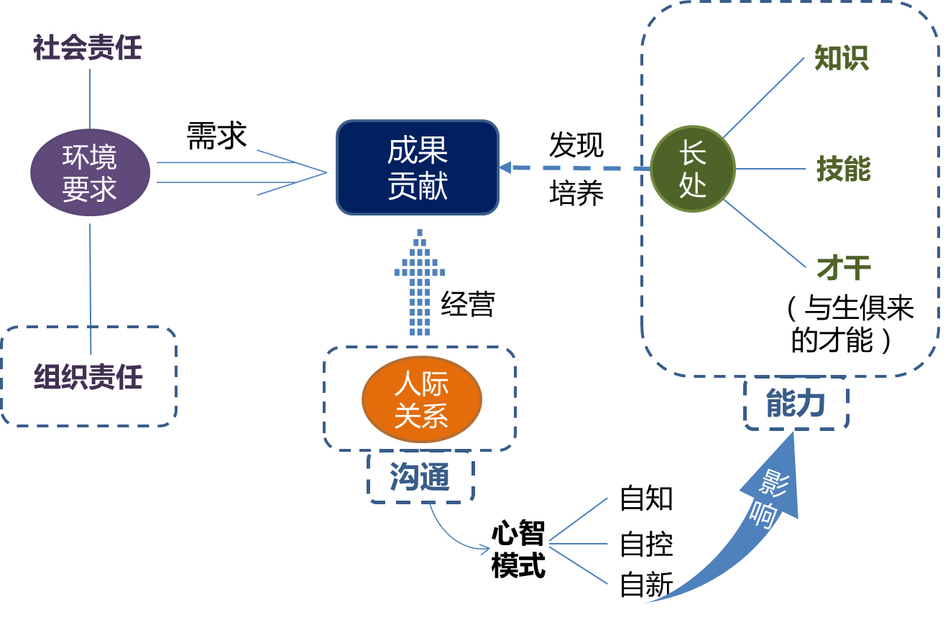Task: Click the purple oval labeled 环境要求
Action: tap(90, 172)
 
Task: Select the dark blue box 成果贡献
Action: tap(418, 167)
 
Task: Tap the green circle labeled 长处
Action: tap(693, 169)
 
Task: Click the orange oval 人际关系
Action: tap(422, 399)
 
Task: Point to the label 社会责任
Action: tap(88, 47)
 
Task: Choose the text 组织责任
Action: tap(88, 377)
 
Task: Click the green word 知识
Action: tap(842, 57)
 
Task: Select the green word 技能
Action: tap(844, 168)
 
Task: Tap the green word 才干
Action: tap(844, 268)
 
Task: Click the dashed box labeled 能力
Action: tap(796, 403)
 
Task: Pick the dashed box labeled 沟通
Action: tap(420, 477)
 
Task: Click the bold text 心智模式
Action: tap(518, 549)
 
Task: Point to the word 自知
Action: tap(646, 498)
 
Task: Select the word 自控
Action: tap(646, 544)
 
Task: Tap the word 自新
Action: tap(646, 585)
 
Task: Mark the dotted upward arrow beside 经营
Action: tap(420, 282)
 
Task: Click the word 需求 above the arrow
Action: tap(216, 135)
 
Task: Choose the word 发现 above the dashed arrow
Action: tap(576, 145)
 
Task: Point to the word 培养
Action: tap(576, 192)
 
